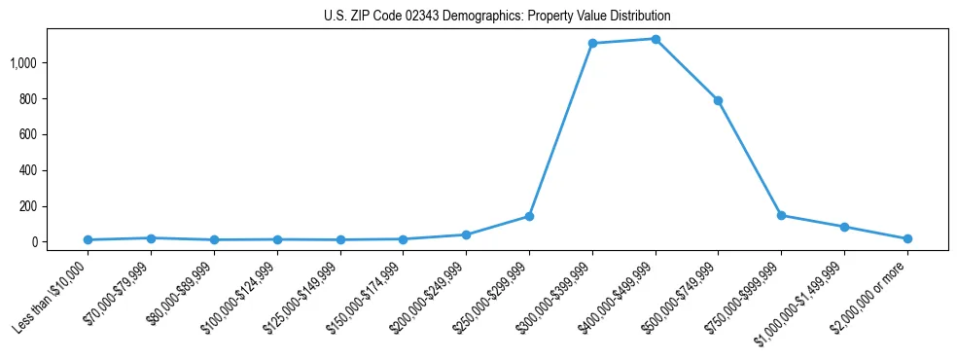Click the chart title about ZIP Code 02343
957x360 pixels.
pos(497,17)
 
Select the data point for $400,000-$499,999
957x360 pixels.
pos(656,39)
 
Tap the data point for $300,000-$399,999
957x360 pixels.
pos(592,44)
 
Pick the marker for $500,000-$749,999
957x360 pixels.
pos(718,100)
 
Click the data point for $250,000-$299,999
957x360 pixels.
pos(529,216)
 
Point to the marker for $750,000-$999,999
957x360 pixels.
pos(781,215)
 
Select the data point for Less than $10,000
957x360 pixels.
pos(88,239)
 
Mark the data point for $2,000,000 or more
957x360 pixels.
pos(907,238)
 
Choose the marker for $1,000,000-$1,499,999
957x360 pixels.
pos(844,227)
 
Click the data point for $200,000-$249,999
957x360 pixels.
pos(466,234)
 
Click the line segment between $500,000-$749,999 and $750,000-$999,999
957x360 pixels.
pos(750,158)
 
